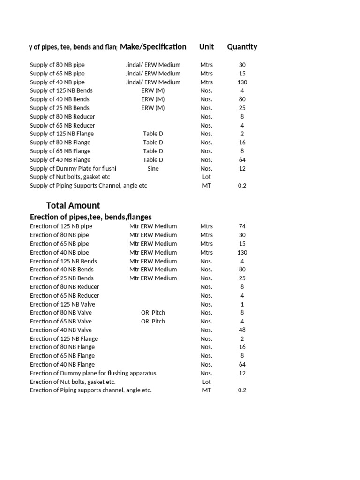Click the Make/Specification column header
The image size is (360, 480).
tap(153, 47)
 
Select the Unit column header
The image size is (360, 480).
tap(206, 47)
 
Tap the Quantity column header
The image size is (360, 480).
tap(242, 47)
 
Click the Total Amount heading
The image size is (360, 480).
tap(73, 205)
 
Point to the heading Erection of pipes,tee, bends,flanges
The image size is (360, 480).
tap(90, 217)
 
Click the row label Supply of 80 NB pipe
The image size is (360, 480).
tap(57, 65)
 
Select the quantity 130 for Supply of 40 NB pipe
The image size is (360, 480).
tap(242, 82)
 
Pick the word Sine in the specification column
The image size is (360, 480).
tap(153, 168)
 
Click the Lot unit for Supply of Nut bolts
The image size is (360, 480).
tap(206, 177)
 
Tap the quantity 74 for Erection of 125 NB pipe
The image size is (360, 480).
tap(242, 226)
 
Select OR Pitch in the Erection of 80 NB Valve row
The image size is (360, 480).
tap(153, 313)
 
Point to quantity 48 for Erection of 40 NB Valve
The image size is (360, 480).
tap(242, 330)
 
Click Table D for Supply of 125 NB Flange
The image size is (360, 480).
tap(153, 134)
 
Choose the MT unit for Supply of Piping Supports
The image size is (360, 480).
tap(206, 186)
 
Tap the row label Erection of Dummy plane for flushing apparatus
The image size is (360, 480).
tap(93, 373)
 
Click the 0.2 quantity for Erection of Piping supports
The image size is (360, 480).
tap(242, 390)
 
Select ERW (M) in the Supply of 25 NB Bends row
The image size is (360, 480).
tap(153, 108)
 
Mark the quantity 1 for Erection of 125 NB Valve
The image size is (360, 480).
tap(242, 304)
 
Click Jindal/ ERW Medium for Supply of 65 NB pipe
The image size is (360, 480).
tap(153, 74)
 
